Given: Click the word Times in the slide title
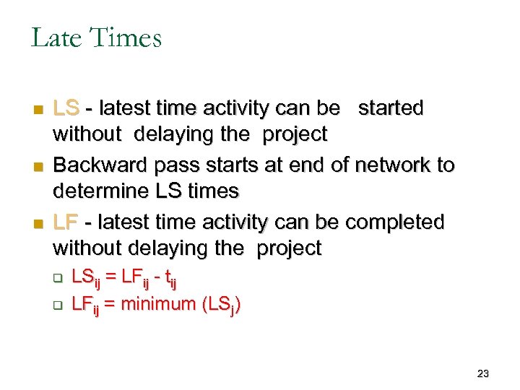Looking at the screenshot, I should [128, 37].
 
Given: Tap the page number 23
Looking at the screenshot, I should [483, 373].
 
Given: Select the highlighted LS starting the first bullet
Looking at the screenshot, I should [66, 108].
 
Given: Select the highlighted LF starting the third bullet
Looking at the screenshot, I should [66, 222].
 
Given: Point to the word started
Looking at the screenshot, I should [391, 108].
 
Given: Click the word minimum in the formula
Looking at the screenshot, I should [158, 304].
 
